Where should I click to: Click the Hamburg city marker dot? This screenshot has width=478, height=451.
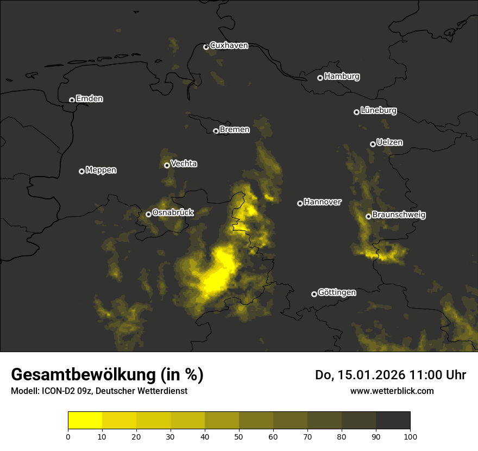click(320, 78)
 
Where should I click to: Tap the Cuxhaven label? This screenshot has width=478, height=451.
click(229, 46)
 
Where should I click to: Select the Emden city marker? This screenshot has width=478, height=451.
click(72, 100)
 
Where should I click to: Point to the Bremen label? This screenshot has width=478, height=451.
click(235, 130)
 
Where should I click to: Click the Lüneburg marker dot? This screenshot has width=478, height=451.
click(356, 112)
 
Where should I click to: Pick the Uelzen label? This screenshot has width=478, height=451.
click(389, 142)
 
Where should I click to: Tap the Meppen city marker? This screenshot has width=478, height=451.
click(81, 171)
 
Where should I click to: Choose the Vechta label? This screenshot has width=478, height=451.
click(184, 164)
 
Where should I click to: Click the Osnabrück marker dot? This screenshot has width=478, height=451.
click(148, 214)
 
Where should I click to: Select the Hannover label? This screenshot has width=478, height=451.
click(323, 202)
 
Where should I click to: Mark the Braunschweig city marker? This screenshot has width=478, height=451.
click(368, 216)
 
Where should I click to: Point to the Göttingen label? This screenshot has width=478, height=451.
click(337, 293)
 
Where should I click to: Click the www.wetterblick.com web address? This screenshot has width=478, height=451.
click(392, 391)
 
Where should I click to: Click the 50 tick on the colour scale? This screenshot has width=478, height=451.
click(239, 436)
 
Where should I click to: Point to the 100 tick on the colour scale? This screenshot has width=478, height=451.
click(410, 436)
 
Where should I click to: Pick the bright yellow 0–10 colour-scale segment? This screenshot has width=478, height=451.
click(85, 421)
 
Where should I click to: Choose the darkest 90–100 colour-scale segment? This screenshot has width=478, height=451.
click(393, 421)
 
